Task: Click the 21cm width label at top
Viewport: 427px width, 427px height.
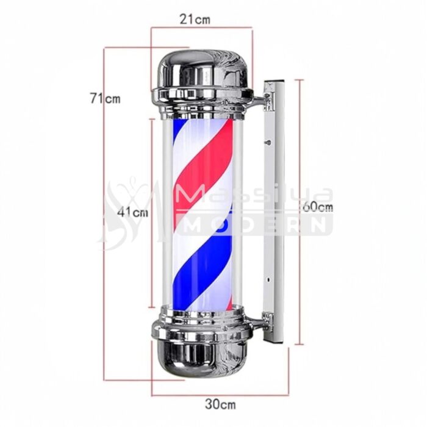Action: pos(195,19)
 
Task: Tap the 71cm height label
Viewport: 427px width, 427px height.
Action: pos(104,98)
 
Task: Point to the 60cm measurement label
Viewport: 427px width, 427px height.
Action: pos(318,206)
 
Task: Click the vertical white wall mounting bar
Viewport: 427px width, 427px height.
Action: pos(274,207)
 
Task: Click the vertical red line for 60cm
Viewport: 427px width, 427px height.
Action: pos(300,274)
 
